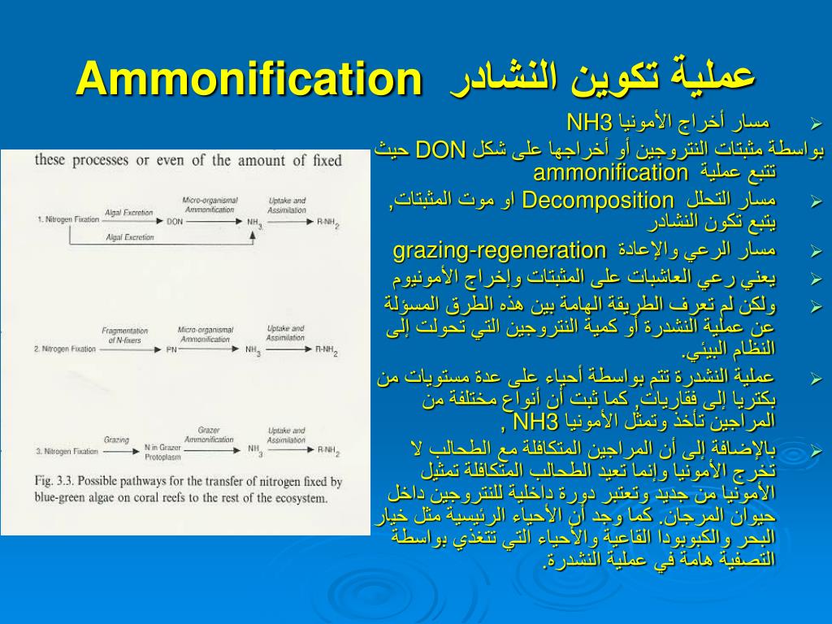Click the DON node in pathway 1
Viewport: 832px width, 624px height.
point(174,220)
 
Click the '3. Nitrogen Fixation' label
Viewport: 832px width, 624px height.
point(67,451)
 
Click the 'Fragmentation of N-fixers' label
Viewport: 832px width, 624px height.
point(124,335)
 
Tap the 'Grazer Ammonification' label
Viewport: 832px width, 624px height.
point(209,435)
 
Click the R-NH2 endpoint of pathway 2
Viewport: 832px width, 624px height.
point(327,349)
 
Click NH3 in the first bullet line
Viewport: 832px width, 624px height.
point(588,123)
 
